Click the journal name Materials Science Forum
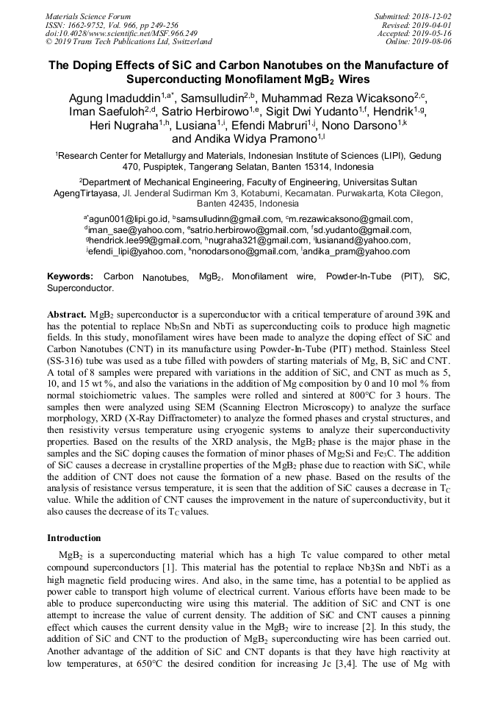point(88,15)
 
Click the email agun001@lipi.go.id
point(129,218)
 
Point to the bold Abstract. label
point(66,314)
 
